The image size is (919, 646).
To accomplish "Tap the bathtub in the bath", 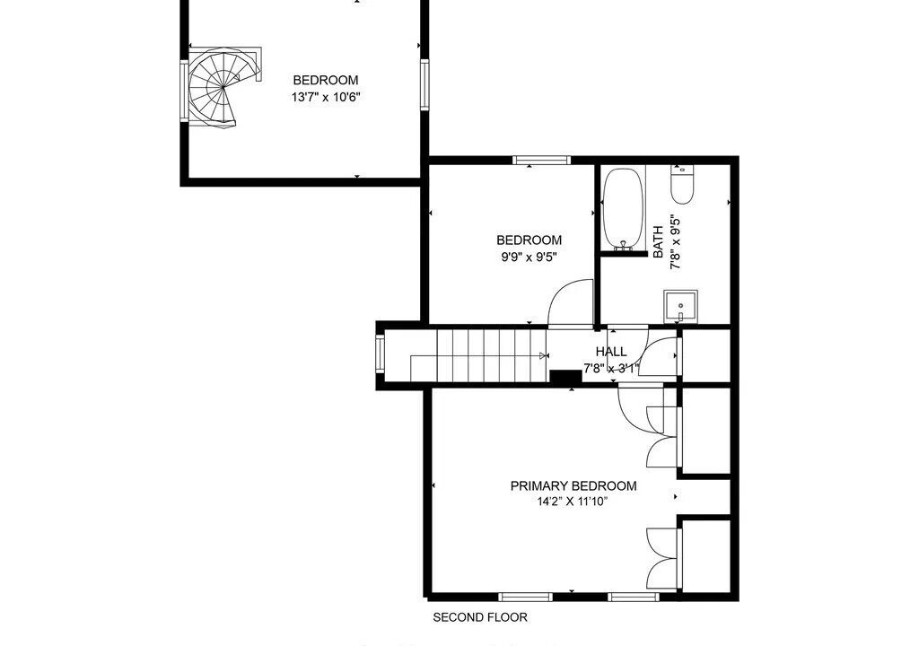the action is click(624, 209).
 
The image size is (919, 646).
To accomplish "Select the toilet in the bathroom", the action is click(682, 185).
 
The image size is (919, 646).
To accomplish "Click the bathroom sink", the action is click(680, 306).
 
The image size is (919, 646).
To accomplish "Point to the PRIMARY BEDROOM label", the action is click(573, 486).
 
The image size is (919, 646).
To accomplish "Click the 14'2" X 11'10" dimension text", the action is click(573, 502).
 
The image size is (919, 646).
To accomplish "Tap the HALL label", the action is click(611, 352).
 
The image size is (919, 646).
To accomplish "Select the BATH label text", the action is click(658, 241).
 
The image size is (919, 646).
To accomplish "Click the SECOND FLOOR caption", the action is click(480, 617).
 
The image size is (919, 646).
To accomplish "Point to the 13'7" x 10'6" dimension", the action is click(325, 97).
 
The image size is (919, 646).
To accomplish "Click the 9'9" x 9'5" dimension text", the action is click(529, 257).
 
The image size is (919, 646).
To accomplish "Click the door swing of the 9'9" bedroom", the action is click(571, 302).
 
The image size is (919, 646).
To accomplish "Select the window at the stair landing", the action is click(381, 354).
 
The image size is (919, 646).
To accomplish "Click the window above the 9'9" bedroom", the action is click(541, 160).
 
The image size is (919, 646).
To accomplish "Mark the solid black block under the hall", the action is click(565, 378).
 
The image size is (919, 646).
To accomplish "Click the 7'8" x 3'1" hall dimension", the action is click(611, 369).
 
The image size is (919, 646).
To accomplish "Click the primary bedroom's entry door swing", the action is click(639, 410).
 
